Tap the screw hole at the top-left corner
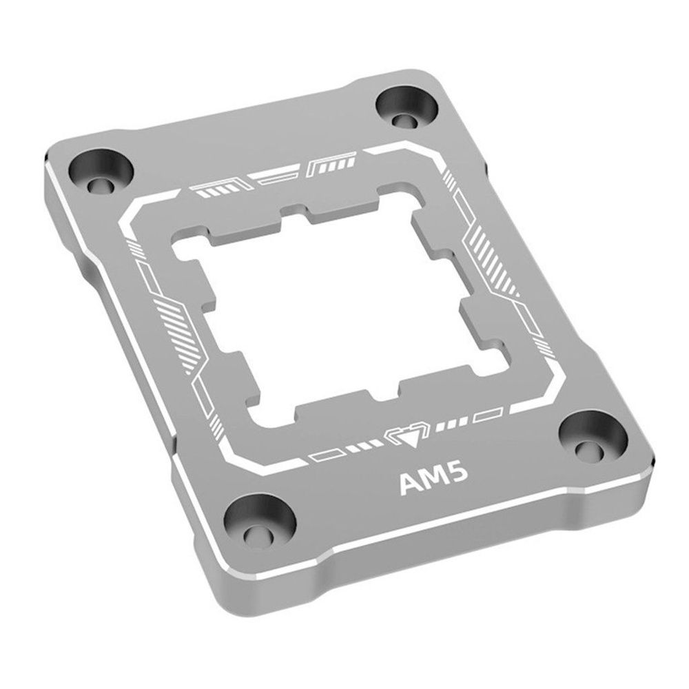[x=101, y=173]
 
